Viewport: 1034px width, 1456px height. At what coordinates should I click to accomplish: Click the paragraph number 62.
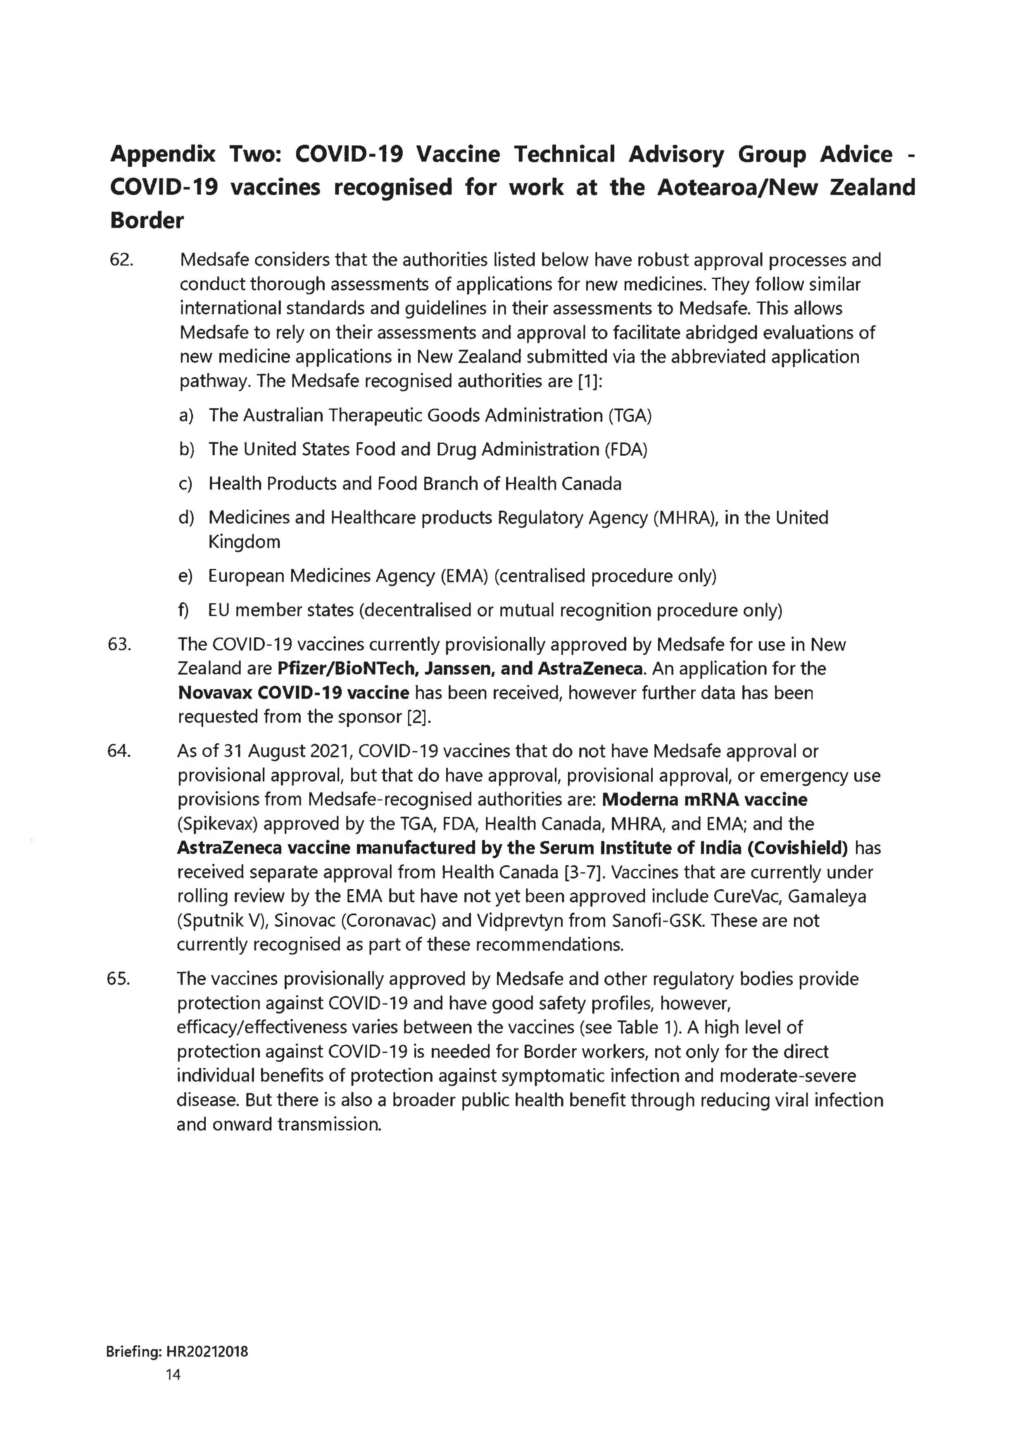point(121,260)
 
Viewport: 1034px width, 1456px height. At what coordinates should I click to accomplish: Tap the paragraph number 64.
point(120,751)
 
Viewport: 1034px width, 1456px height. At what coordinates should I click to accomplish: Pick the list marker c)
point(185,484)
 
